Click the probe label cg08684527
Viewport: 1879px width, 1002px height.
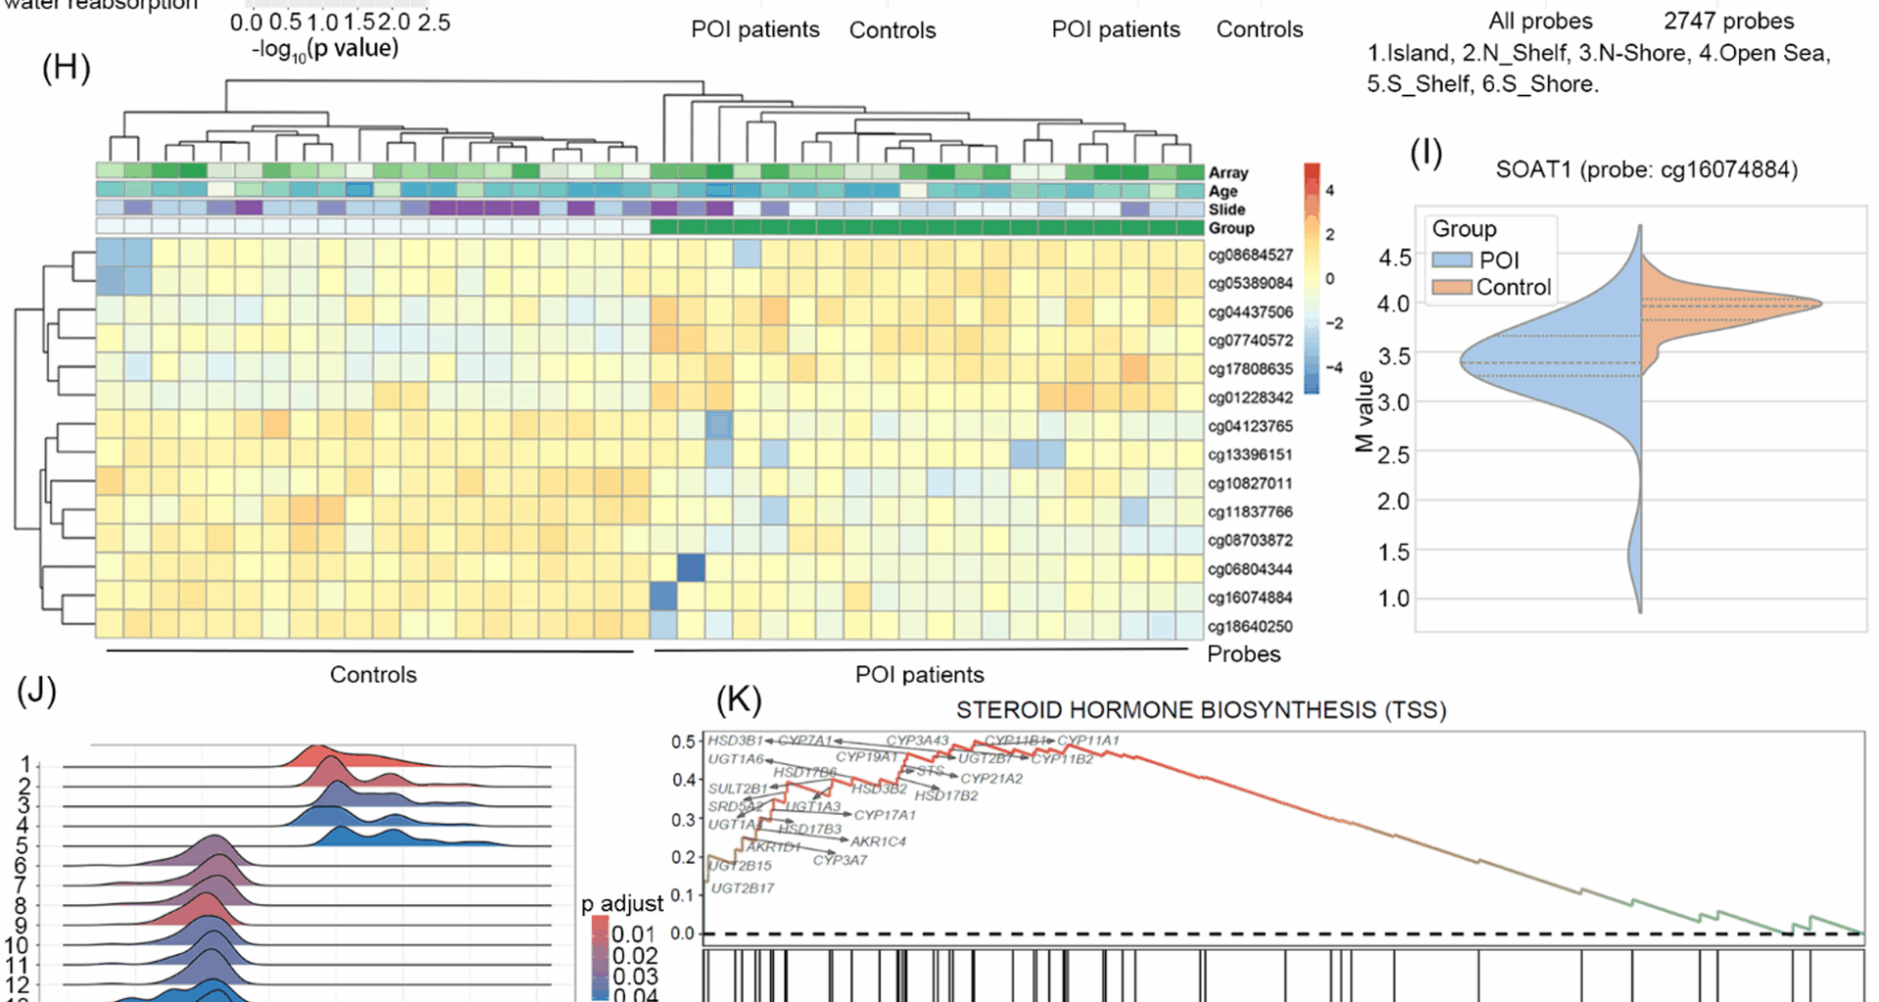[x=1250, y=255]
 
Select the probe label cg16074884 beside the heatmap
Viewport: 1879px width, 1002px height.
[x=1250, y=598]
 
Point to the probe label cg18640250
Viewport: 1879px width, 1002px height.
[x=1250, y=626]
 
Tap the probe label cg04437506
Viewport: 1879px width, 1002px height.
[x=1250, y=312]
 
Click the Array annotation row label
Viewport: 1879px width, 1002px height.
[x=1228, y=173]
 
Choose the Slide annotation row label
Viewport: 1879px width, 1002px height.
[x=1226, y=209]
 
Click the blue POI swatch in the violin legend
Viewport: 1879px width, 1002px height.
[x=1451, y=260]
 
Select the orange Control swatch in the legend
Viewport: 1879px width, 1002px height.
[x=1451, y=288]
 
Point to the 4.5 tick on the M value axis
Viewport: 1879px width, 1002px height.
[x=1394, y=257]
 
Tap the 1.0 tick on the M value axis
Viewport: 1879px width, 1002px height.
[x=1394, y=598]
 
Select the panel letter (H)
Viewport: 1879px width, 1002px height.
[x=66, y=68]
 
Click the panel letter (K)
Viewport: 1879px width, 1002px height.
[x=739, y=700]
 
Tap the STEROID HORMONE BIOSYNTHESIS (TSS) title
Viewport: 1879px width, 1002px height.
[x=1201, y=710]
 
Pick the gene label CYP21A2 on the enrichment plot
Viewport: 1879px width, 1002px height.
[x=991, y=779]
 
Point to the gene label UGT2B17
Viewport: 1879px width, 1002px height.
[x=742, y=888]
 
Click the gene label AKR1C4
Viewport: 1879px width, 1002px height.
[x=878, y=842]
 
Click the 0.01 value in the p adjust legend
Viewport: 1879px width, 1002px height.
[x=634, y=934]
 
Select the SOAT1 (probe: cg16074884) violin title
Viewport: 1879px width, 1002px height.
[x=1646, y=170]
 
